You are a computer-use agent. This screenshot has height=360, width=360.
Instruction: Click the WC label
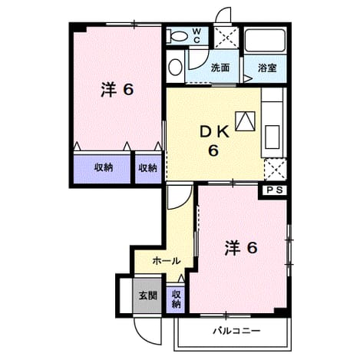[197, 35]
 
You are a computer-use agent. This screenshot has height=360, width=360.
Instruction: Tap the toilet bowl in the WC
[177, 36]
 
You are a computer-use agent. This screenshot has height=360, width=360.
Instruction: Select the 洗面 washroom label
[220, 68]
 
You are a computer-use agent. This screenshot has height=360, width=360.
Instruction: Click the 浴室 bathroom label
[267, 68]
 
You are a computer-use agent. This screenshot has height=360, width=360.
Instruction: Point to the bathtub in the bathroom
[265, 40]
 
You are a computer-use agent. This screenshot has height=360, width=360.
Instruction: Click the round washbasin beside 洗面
[176, 67]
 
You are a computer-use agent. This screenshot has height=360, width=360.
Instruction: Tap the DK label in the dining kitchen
[214, 133]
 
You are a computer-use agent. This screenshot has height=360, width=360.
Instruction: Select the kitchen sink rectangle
[272, 137]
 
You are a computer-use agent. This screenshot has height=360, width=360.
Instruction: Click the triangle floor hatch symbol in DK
[245, 121]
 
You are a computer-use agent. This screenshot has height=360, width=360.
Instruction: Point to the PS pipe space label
[275, 190]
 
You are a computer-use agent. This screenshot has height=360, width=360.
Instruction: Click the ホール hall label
[167, 261]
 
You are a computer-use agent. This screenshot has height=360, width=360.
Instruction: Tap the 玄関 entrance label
[148, 296]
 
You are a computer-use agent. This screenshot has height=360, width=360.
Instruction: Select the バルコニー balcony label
[236, 331]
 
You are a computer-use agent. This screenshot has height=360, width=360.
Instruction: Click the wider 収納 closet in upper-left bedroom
[102, 169]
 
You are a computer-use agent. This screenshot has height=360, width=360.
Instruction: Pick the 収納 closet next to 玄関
[176, 299]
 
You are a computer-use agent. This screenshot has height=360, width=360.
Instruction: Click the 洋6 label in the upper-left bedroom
[117, 89]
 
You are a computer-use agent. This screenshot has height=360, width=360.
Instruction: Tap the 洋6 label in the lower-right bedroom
[241, 248]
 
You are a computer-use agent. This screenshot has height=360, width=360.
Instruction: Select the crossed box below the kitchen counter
[275, 169]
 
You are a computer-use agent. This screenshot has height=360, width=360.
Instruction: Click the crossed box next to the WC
[226, 38]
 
